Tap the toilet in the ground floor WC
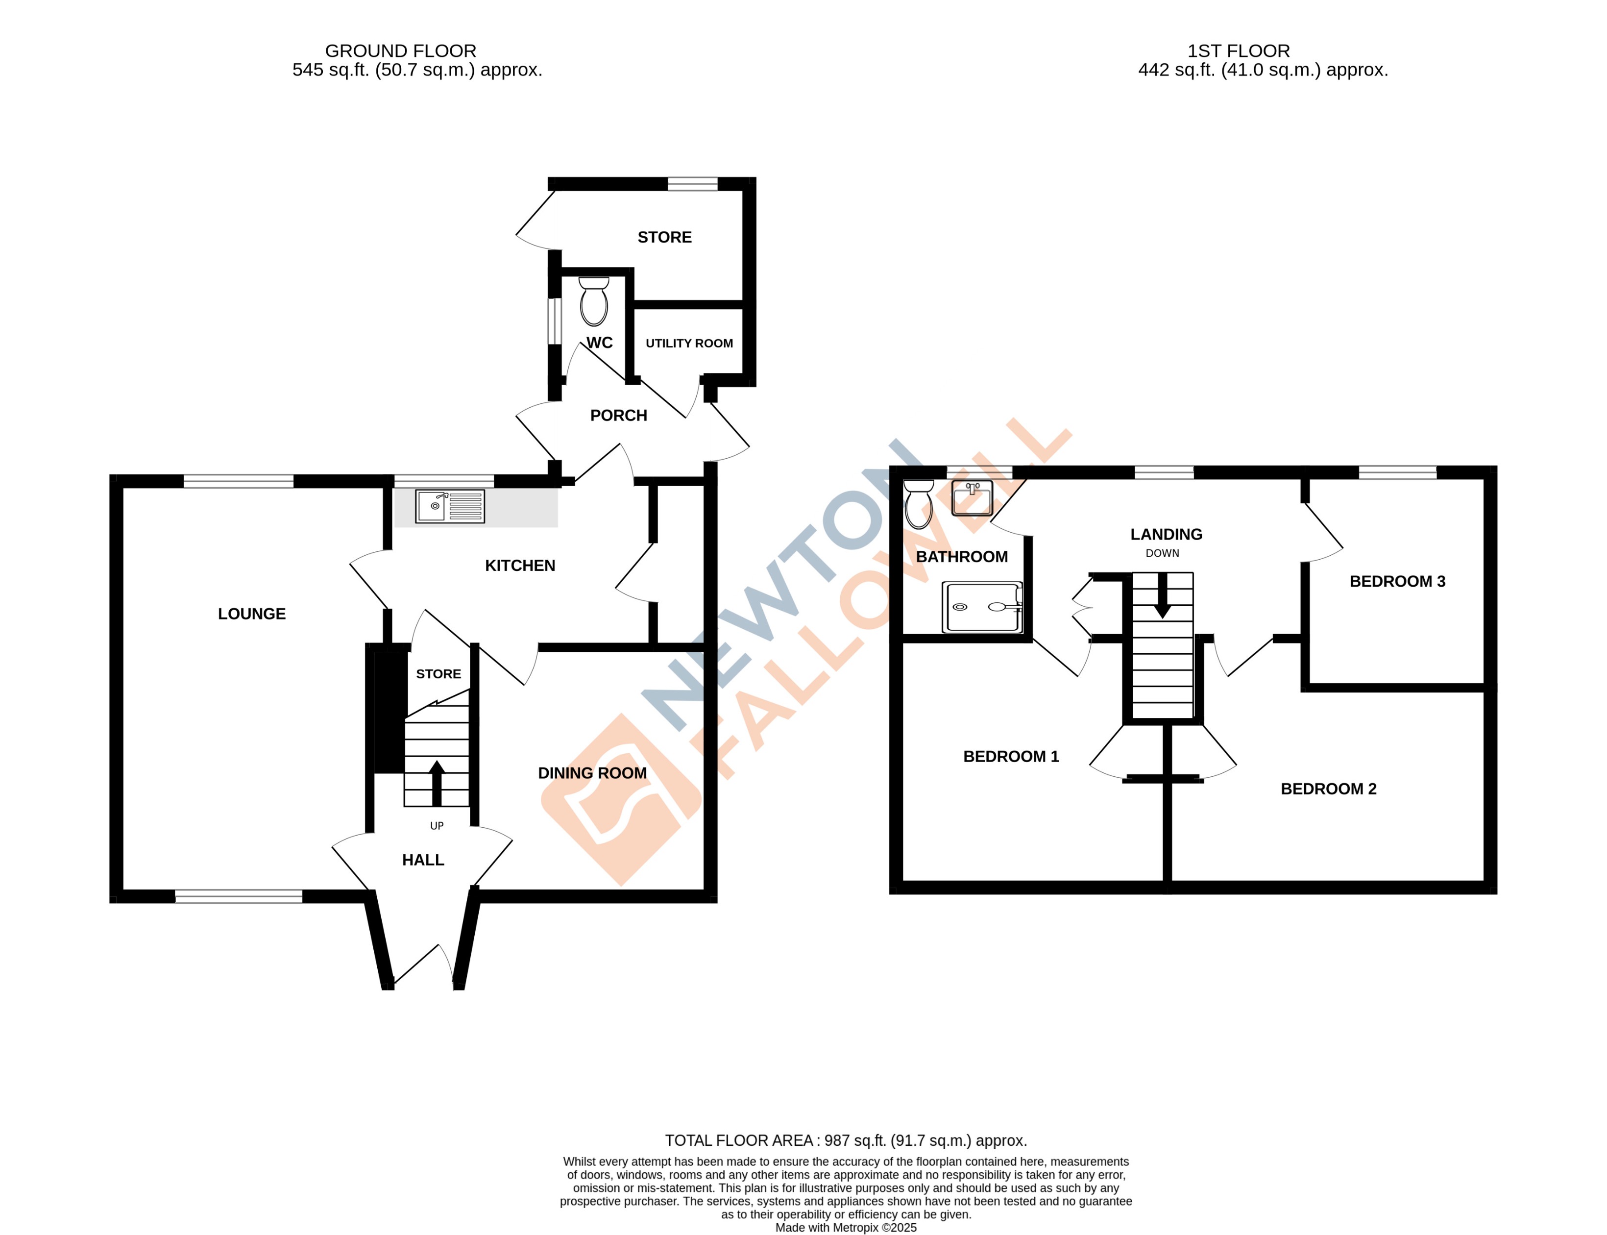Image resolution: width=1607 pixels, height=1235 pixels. pyautogui.click(x=593, y=302)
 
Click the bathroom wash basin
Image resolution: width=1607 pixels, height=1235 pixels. pyautogui.click(x=972, y=498)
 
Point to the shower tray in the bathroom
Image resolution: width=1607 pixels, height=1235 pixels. pyautogui.click(x=982, y=607)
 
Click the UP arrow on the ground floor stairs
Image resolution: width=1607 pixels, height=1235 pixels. pyautogui.click(x=437, y=783)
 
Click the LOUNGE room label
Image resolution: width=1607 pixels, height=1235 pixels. pyautogui.click(x=251, y=614)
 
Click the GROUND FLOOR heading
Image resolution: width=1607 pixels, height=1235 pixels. pyautogui.click(x=400, y=51)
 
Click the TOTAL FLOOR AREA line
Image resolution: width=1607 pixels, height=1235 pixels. pyautogui.click(x=845, y=1140)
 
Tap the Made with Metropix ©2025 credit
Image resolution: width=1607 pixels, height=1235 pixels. pyautogui.click(x=845, y=1227)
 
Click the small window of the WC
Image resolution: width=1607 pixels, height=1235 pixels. pyautogui.click(x=555, y=321)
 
